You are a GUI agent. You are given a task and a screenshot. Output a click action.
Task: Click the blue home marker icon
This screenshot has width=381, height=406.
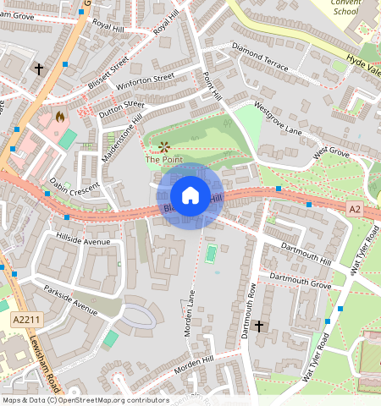(x=190, y=195)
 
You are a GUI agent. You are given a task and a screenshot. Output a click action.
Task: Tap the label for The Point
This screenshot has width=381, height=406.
(x=163, y=159)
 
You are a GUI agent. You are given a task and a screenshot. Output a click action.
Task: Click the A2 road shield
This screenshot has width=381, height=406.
(x=354, y=207)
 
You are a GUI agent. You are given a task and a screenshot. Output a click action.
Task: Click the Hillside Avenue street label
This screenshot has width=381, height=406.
(x=84, y=242)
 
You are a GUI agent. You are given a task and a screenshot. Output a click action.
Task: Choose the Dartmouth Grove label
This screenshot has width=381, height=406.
(x=300, y=282)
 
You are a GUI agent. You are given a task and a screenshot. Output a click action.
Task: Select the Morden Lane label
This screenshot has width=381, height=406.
(x=190, y=313)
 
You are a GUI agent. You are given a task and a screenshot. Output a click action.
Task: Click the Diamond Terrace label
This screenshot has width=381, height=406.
(x=259, y=56)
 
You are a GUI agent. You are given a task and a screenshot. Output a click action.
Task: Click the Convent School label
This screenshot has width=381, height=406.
(x=346, y=8)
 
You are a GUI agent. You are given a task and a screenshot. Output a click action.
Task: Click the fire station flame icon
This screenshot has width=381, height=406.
(x=59, y=116)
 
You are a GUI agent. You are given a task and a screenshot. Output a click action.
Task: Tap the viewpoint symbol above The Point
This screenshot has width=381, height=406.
(x=163, y=146)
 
